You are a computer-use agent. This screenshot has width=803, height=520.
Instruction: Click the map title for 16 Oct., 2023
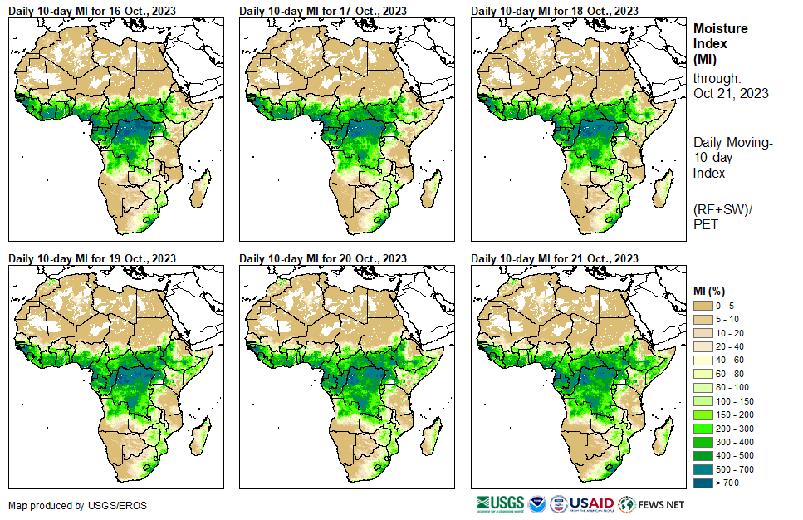tap(92, 11)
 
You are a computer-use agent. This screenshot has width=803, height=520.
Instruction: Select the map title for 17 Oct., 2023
tap(323, 11)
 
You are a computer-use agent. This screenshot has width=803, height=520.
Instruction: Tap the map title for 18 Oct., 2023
tap(555, 11)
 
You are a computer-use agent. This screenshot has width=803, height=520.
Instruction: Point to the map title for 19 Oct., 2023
tap(92, 258)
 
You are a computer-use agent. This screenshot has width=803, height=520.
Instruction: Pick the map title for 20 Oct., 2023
tap(323, 258)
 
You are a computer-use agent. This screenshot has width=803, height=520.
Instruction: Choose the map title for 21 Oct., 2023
tap(555, 258)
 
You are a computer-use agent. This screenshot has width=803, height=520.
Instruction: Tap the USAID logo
tap(590, 503)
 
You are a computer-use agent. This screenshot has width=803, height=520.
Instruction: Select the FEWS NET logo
tap(653, 503)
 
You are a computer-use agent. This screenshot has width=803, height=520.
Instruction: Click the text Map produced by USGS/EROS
tap(66, 505)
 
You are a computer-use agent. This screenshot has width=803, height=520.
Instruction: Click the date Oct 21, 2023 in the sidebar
tap(731, 93)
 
